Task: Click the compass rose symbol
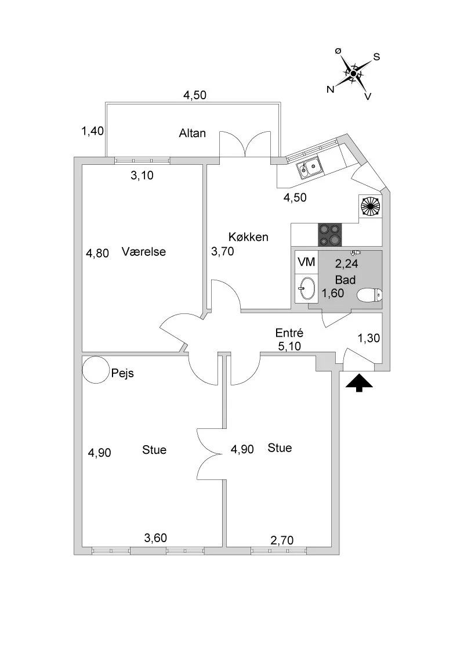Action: (353, 74)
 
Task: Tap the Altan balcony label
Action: (192, 133)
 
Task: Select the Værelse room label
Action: (144, 252)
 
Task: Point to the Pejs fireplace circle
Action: (95, 370)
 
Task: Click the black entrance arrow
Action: (360, 383)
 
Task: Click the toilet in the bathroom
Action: (369, 296)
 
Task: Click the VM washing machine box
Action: (306, 262)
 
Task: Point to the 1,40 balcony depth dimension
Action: (93, 131)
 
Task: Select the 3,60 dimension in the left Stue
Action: (155, 538)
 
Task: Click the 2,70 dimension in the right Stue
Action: (282, 540)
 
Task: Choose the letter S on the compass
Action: (376, 57)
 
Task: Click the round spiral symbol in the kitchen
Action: (370, 205)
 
